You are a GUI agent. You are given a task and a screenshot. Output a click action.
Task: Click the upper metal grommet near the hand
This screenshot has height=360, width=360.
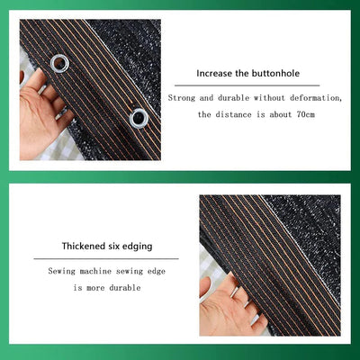tap(59, 63)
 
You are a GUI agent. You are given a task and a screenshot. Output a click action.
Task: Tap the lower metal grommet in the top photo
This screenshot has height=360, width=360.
tap(139, 118)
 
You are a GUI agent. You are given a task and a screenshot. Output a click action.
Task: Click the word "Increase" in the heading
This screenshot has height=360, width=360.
tap(214, 74)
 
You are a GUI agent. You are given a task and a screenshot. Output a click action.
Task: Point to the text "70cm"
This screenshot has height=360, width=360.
tap(305, 114)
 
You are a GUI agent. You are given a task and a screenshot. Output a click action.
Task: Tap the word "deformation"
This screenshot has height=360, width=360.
tap(316, 98)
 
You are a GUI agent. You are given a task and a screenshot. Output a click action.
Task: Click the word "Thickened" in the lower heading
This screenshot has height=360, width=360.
tap(83, 247)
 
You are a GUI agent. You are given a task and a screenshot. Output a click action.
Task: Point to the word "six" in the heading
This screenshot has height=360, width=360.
tap(113, 247)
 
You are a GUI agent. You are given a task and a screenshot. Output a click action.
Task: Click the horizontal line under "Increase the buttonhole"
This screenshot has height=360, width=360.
tap(247, 85)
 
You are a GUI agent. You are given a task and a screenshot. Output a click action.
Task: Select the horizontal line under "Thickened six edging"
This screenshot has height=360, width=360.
tap(106, 258)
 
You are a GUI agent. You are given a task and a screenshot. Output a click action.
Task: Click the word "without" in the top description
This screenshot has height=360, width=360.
tap(269, 98)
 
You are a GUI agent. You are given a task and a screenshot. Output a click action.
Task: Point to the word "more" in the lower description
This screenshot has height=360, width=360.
tap(95, 288)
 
